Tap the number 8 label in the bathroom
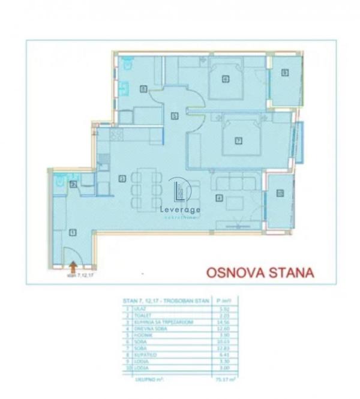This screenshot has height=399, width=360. [143, 89]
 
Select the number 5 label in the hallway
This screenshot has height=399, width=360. [174, 115]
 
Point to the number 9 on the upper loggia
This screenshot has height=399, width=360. [285, 73]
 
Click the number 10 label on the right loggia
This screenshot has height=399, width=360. [280, 193]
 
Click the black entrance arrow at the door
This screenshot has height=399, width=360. [73, 262]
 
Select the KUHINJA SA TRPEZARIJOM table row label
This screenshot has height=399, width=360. [163, 322]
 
